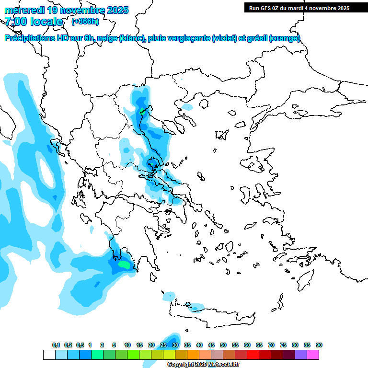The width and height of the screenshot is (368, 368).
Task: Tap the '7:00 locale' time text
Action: (34, 22)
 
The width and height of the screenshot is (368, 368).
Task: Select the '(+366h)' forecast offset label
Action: (85, 22)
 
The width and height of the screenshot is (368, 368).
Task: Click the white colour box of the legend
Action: (49, 355)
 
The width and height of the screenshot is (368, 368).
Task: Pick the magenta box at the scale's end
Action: (313, 355)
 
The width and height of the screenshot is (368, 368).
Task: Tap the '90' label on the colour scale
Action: (319, 345)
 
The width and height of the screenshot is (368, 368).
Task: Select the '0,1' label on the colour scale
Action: (56, 345)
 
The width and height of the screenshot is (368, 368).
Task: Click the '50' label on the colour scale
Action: (223, 345)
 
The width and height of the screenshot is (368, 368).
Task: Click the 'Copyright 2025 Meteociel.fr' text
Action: (204, 365)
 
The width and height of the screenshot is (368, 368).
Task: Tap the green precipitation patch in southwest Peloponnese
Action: (124, 264)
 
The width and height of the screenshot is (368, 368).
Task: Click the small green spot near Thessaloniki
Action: (142, 112)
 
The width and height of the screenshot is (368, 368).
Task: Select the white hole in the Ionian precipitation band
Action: (47, 170)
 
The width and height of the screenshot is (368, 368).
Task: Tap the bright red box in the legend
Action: (253, 355)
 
